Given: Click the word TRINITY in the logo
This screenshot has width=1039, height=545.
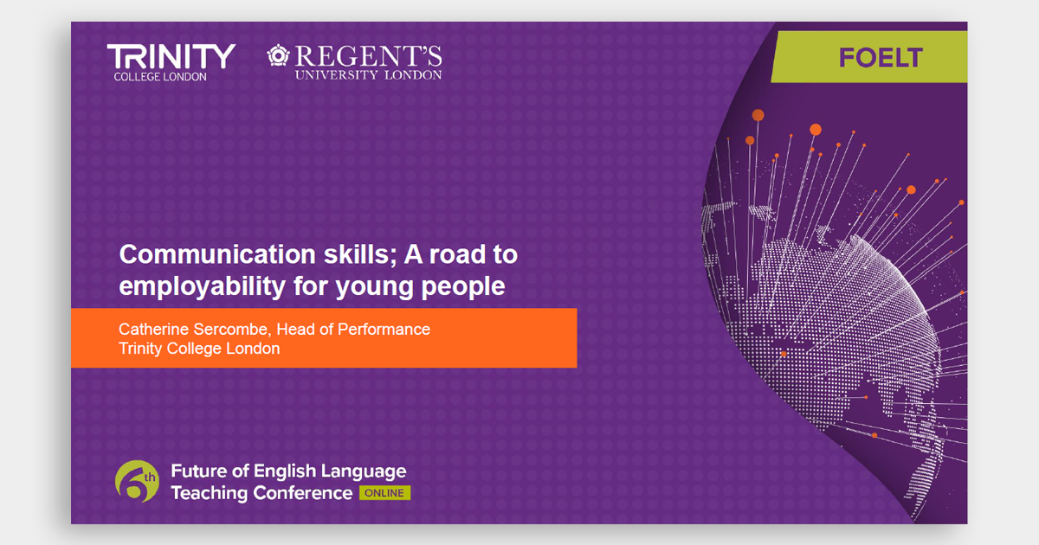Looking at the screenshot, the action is pyautogui.click(x=171, y=57).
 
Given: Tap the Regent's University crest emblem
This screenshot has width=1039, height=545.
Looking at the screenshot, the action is pyautogui.click(x=278, y=55).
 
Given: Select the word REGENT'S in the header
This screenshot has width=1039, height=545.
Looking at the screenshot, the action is pyautogui.click(x=369, y=56).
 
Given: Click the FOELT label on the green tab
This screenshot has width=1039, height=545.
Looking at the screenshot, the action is pyautogui.click(x=881, y=57).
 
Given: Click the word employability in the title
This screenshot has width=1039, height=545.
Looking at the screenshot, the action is pyautogui.click(x=203, y=286).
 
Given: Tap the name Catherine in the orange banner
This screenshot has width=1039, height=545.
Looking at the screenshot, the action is pyautogui.click(x=153, y=329).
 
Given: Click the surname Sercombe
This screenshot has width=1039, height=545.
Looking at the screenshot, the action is pyautogui.click(x=232, y=329).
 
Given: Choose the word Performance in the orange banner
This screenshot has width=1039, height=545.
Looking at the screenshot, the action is pyautogui.click(x=384, y=329).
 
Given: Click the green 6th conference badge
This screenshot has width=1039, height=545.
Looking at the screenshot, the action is pyautogui.click(x=137, y=482).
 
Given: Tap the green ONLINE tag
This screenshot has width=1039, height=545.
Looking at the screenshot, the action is pyautogui.click(x=384, y=493).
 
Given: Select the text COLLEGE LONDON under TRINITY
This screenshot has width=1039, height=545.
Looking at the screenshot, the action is pyautogui.click(x=160, y=77).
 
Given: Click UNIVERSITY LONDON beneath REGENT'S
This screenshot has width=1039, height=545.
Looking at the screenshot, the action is pyautogui.click(x=369, y=75).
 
